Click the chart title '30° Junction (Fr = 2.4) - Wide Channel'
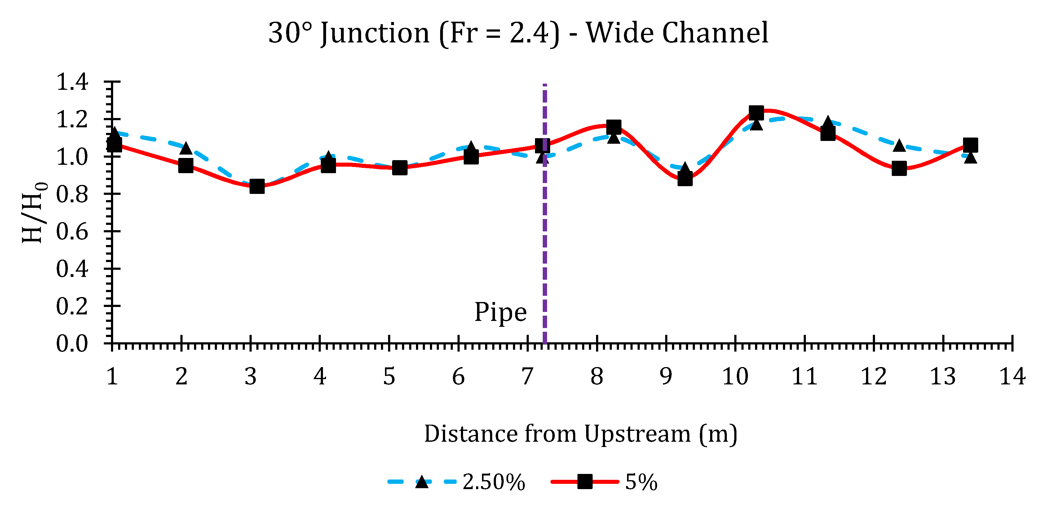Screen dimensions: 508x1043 [x=518, y=33]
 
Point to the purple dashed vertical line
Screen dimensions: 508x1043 [x=545, y=243]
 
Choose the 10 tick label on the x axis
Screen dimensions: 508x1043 [x=735, y=376]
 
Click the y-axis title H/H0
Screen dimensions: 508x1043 [x=34, y=212]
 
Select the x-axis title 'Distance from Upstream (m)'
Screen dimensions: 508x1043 [x=580, y=434]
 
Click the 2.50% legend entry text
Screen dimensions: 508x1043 [x=493, y=482]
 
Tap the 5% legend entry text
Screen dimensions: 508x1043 [x=641, y=482]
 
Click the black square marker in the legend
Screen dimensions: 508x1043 [x=585, y=482]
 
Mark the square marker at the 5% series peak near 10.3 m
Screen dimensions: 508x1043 [x=756, y=113]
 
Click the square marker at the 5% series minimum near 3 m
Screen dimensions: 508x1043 [x=257, y=186]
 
